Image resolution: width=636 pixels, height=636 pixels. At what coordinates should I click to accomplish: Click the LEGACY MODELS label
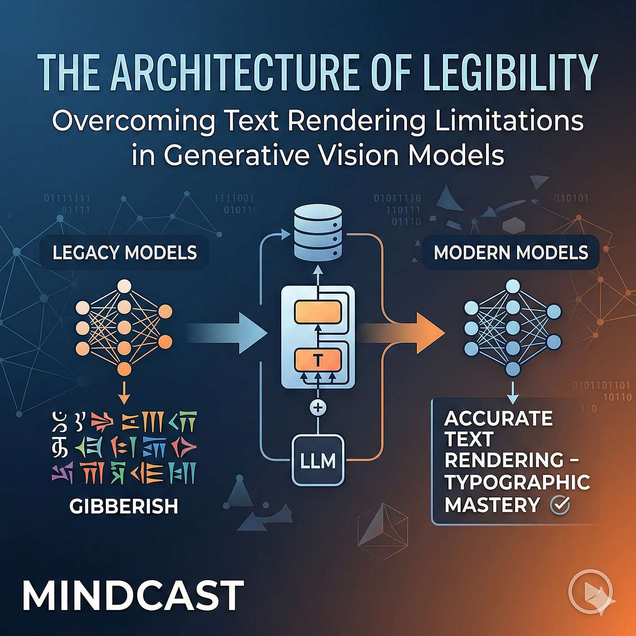(x=124, y=253)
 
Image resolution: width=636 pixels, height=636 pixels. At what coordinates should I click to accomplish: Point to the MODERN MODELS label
(x=511, y=253)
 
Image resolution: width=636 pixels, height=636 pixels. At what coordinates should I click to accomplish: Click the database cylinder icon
(x=318, y=232)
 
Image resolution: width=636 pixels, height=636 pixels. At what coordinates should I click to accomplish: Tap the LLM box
(x=318, y=461)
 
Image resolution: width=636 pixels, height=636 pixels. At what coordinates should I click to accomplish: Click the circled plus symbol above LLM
(x=318, y=407)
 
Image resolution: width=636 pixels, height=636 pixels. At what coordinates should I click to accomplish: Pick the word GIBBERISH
(x=124, y=506)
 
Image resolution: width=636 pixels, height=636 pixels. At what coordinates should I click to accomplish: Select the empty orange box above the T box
(x=318, y=312)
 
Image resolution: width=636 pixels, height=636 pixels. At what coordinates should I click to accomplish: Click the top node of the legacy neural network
(x=124, y=287)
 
